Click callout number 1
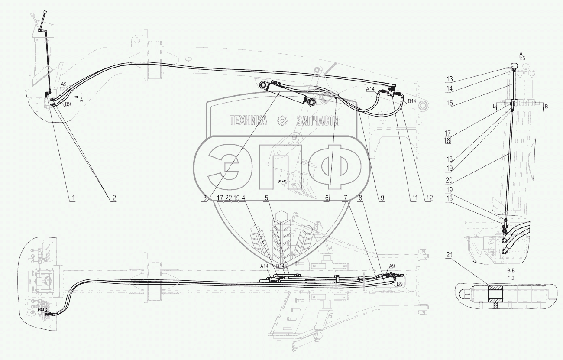(73, 198)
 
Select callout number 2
(114, 198)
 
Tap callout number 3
(205, 198)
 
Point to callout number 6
(327, 198)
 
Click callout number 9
(382, 198)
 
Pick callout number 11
(414, 198)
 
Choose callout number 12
(429, 198)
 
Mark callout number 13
(450, 79)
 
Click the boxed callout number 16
(447, 140)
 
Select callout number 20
(449, 180)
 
